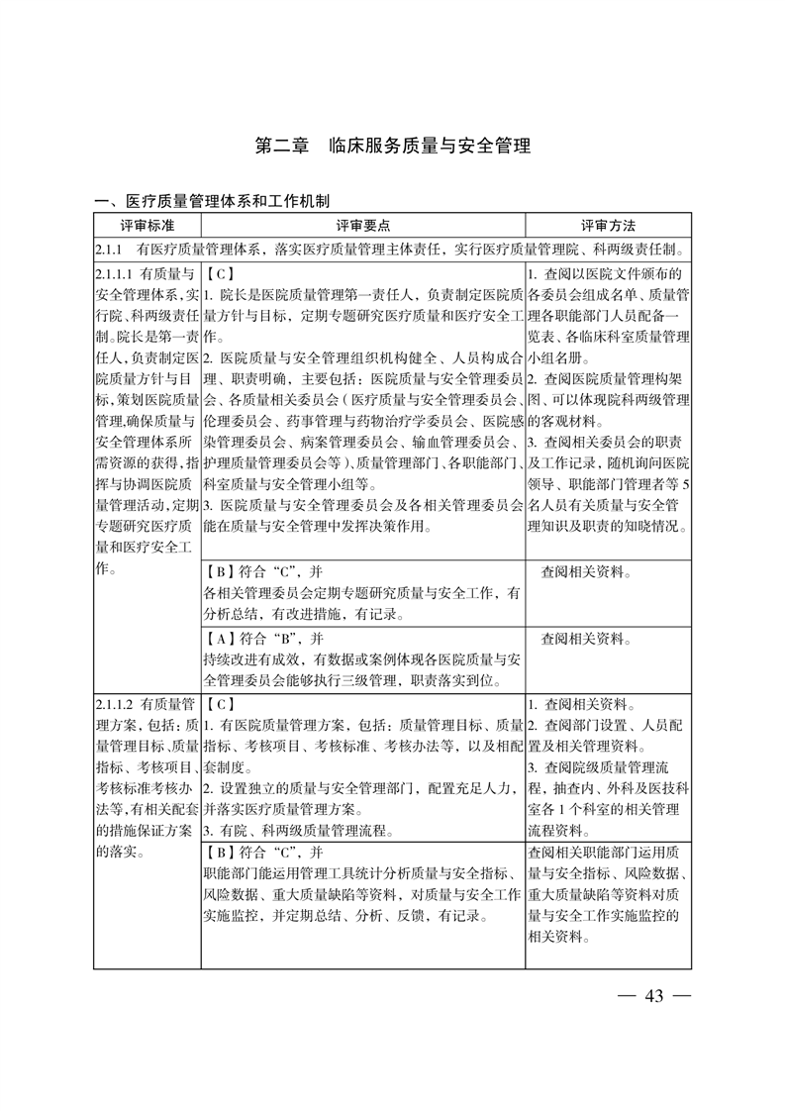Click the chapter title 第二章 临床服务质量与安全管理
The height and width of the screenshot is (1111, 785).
pos(392,146)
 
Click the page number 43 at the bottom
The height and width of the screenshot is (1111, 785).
pos(652,995)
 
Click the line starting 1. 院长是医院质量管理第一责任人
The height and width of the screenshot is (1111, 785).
pos(362,294)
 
